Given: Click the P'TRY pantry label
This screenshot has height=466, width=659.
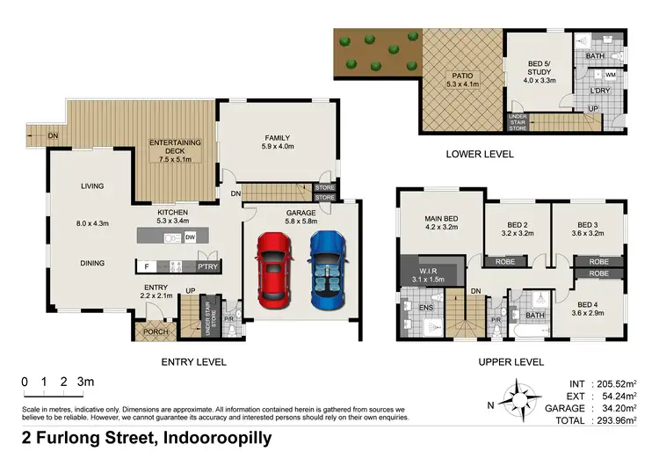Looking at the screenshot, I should pyautogui.click(x=207, y=265).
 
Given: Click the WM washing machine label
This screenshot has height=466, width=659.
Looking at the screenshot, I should pyautogui.click(x=611, y=76).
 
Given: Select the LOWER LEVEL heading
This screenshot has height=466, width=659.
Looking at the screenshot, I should pyautogui.click(x=480, y=154).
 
